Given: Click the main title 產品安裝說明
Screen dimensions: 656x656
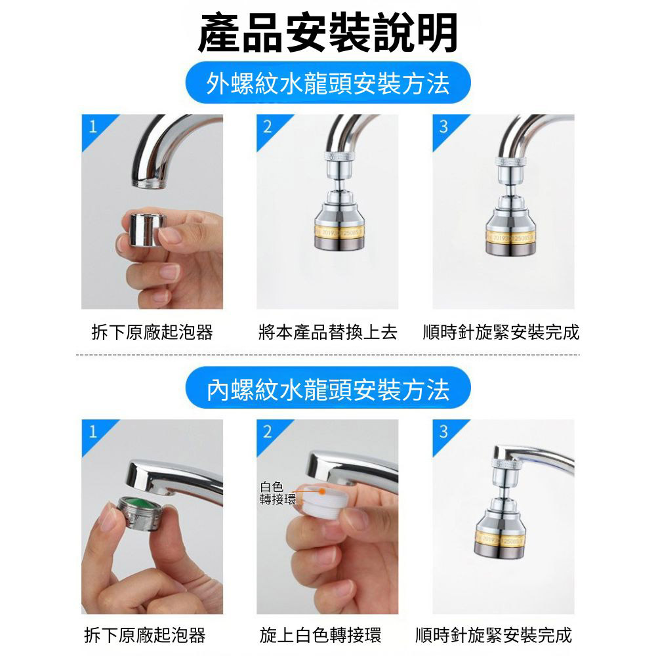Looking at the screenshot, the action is pos(327,33).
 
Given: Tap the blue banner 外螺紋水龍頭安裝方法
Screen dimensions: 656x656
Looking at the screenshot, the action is pos(328,83).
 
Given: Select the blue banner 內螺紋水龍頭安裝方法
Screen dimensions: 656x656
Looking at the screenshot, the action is pos(328,388).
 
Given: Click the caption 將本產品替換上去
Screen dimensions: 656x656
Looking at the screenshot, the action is pos(327,332).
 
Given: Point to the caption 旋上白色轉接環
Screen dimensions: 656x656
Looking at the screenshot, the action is pos(320,635).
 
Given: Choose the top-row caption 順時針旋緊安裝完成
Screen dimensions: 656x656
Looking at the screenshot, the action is pos(501,332).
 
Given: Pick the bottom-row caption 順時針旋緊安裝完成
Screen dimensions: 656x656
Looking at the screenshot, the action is pos(494,635).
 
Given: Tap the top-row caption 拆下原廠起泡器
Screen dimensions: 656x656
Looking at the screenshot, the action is pos(152,332).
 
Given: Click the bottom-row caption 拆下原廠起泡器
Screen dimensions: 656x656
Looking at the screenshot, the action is pos(145,635).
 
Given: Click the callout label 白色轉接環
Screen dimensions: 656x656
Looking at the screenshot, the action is pos(277,493).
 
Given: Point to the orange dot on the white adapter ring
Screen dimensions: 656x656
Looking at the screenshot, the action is pos(321,491).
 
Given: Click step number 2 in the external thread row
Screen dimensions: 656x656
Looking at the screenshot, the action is pos(268,127).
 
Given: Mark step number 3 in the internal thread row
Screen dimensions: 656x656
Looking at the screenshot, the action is pos(443,432).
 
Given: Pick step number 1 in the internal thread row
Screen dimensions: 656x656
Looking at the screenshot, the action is pos(93,432).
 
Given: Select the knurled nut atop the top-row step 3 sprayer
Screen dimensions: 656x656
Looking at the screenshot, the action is pos(510,161).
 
